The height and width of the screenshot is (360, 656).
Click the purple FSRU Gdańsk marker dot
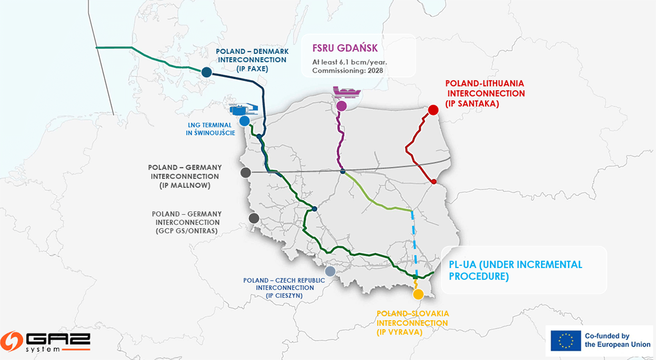coord(342,106)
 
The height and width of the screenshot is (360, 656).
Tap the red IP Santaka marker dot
coord(433,110)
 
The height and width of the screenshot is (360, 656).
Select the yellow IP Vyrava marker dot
coord(418,294)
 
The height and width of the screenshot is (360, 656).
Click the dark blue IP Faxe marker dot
coord(207,72)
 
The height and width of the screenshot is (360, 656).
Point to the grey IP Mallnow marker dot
coord(246,173)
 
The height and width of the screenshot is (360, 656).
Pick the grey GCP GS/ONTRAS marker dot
coord(254,218)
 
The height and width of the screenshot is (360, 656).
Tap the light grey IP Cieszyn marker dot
coord(330,271)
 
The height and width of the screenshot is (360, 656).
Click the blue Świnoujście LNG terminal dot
coord(245,121)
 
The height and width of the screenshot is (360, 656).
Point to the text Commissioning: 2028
coord(347,70)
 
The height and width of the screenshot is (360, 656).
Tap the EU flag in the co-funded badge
coord(566,341)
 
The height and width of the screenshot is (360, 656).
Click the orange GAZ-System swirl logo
coord(11,341)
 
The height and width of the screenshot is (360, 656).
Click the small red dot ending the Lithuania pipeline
coord(434,182)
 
